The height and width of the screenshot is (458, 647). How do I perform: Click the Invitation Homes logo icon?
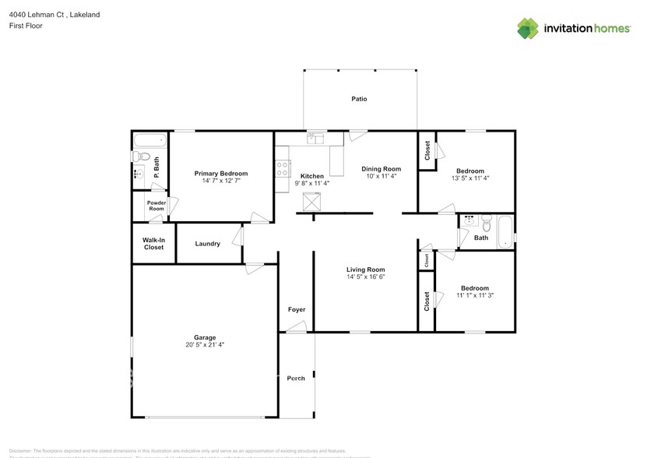coord(529,28)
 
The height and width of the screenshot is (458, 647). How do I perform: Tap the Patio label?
coord(359,99)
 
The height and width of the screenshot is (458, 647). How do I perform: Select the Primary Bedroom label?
coord(221,173)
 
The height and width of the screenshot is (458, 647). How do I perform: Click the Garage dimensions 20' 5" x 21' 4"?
coord(205,344)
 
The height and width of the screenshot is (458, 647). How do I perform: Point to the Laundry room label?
coord(208,244)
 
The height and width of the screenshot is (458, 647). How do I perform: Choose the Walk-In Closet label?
coord(153,244)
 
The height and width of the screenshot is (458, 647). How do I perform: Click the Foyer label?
coord(296,309)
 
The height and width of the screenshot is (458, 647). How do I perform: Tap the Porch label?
coord(296,378)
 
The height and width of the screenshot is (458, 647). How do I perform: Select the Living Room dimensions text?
coord(366,277)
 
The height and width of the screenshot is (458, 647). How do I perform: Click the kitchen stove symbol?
coord(283,170)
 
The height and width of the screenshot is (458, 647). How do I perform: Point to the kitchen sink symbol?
coord(315,139)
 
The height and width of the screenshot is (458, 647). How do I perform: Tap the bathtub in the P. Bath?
coord(149,141)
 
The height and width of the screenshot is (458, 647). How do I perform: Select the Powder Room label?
coord(156,206)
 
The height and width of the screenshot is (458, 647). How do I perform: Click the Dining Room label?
coord(382,169)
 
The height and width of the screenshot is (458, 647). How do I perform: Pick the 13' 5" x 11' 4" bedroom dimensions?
coord(470,178)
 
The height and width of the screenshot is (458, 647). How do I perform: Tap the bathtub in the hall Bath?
coord(506,231)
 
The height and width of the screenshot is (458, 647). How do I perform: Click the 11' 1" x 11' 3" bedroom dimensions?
coord(475,295)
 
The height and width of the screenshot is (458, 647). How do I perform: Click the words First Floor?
coord(26,26)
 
